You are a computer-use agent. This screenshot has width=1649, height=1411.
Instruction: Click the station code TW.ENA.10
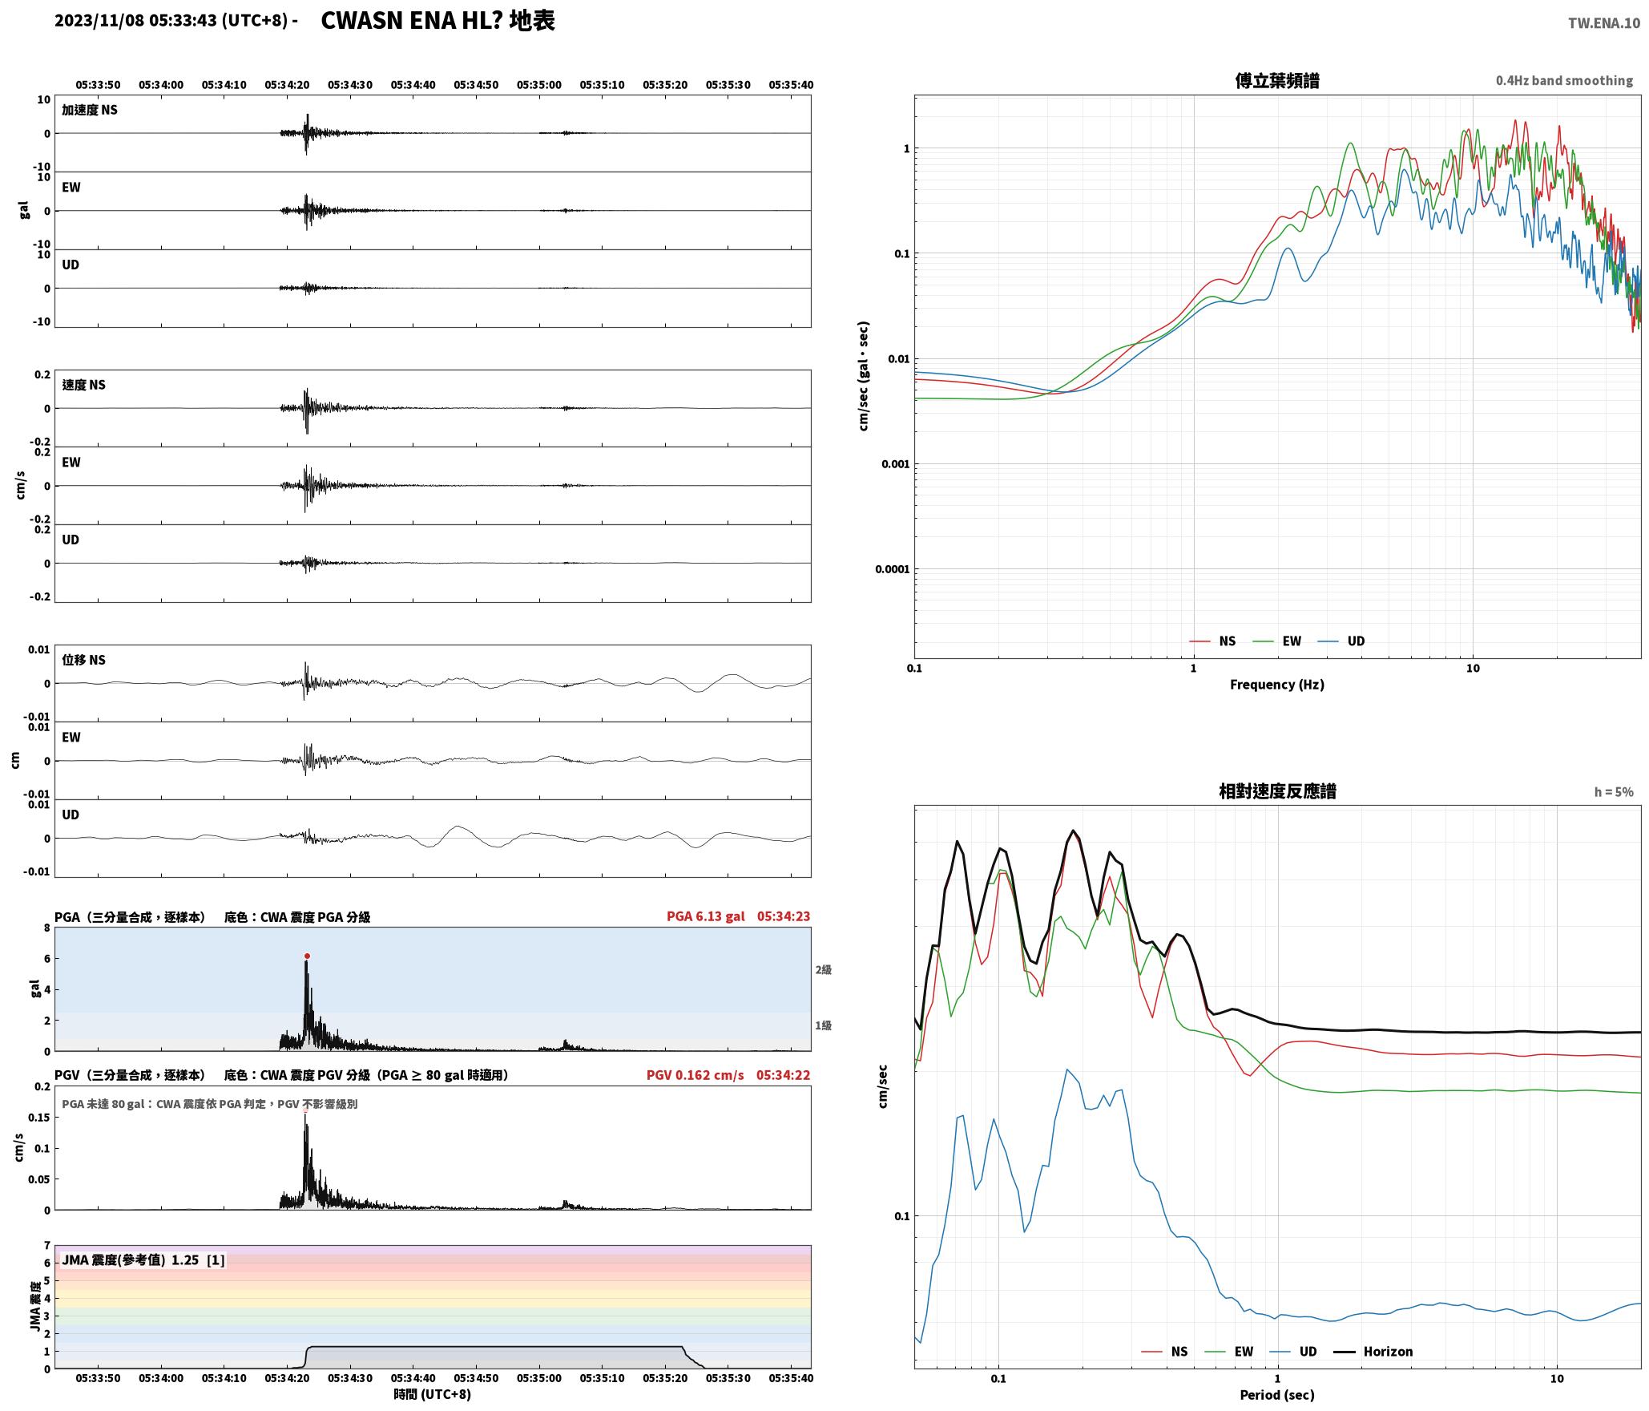point(1603,23)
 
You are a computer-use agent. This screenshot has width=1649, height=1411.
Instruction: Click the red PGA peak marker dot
point(307,956)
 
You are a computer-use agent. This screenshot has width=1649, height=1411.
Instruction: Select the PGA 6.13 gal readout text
point(705,916)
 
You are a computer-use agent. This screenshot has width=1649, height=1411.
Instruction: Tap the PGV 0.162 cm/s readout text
point(695,1075)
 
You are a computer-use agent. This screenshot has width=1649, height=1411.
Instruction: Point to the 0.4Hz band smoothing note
point(1564,81)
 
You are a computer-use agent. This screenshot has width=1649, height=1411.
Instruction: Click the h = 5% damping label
point(1614,792)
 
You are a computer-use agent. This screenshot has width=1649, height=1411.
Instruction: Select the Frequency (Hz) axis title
point(1277,685)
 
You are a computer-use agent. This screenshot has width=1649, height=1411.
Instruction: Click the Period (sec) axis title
point(1277,1395)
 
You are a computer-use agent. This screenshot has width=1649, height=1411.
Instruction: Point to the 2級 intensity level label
point(823,970)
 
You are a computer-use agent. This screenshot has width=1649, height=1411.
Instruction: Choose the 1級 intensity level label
point(823,1025)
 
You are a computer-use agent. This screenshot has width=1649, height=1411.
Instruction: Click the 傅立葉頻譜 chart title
point(1277,80)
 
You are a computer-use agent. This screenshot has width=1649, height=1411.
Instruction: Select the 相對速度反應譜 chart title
point(1277,791)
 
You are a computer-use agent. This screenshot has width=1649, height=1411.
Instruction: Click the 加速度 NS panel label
point(90,110)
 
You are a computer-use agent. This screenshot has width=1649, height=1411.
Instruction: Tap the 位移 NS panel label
point(83,660)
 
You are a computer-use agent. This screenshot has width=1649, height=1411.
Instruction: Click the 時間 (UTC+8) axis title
point(432,1394)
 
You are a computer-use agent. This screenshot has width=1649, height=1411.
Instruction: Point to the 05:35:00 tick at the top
point(538,85)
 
